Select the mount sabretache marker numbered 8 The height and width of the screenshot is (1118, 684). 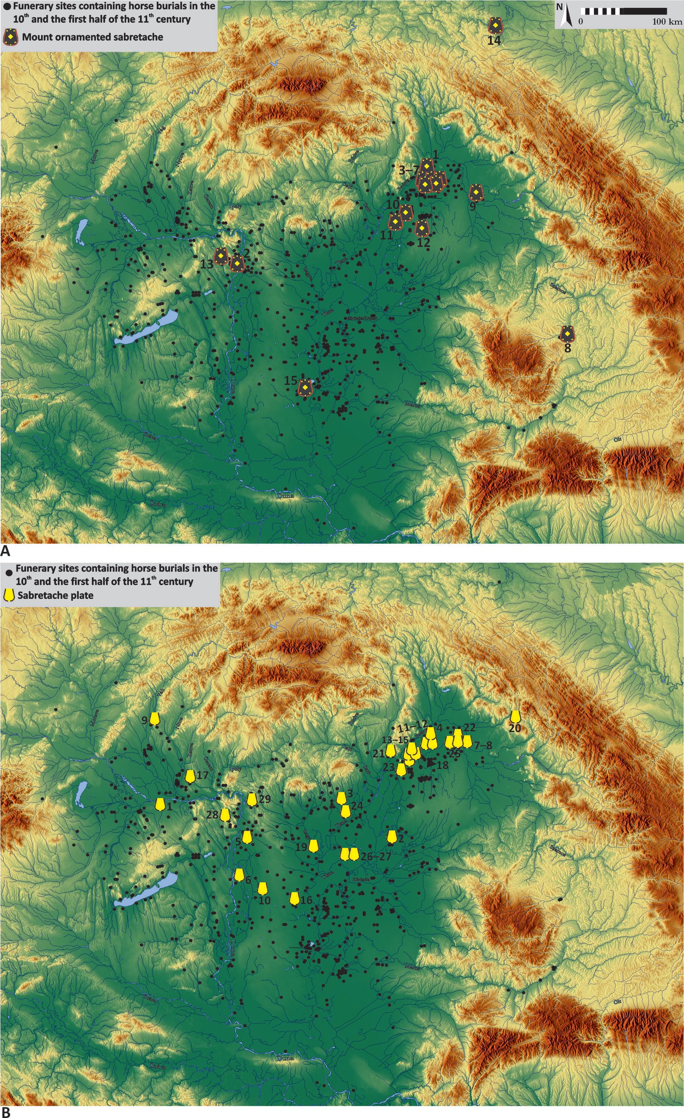(x=567, y=334)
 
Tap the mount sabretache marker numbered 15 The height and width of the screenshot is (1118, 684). (x=305, y=388)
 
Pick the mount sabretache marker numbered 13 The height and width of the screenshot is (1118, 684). (x=221, y=256)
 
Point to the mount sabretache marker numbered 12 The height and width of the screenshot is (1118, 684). (x=422, y=229)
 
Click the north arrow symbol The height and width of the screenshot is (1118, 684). (x=565, y=17)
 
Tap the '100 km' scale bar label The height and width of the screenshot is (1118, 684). (x=667, y=22)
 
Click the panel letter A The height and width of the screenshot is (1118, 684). (x=6, y=551)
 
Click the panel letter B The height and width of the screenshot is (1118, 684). (x=6, y=1112)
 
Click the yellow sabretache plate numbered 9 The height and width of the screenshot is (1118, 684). (x=155, y=718)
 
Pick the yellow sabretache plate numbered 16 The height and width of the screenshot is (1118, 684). (x=294, y=898)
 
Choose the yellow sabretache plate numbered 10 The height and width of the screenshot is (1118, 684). (x=262, y=888)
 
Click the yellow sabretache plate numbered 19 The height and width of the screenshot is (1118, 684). (x=313, y=845)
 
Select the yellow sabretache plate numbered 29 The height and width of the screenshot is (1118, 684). (x=252, y=800)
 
